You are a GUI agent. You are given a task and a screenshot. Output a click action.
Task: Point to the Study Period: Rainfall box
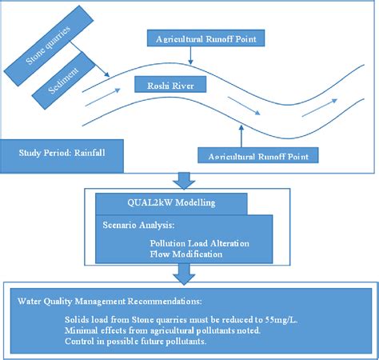tap(62, 155)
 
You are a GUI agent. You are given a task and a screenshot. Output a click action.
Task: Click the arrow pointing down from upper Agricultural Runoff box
tap(189, 54)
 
